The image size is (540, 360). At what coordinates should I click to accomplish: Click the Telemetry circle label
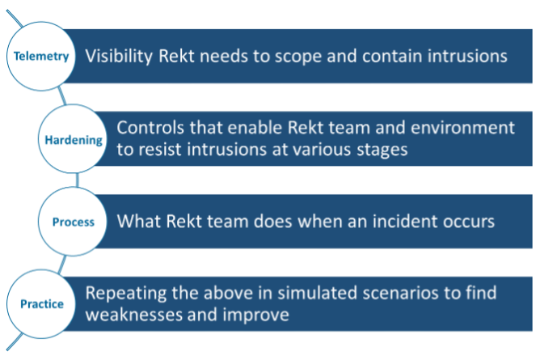point(41,56)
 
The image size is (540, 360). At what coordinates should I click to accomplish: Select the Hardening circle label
point(74,140)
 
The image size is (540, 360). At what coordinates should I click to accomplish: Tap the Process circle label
point(74,222)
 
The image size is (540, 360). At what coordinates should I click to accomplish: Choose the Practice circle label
point(42,304)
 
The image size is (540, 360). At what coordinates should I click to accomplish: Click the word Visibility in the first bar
point(119,56)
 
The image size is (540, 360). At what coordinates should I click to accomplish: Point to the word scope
point(297,57)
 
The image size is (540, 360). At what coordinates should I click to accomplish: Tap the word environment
point(462,128)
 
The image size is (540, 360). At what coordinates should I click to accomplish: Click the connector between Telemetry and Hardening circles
point(62,95)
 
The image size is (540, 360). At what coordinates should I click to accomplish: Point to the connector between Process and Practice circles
point(62,265)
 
